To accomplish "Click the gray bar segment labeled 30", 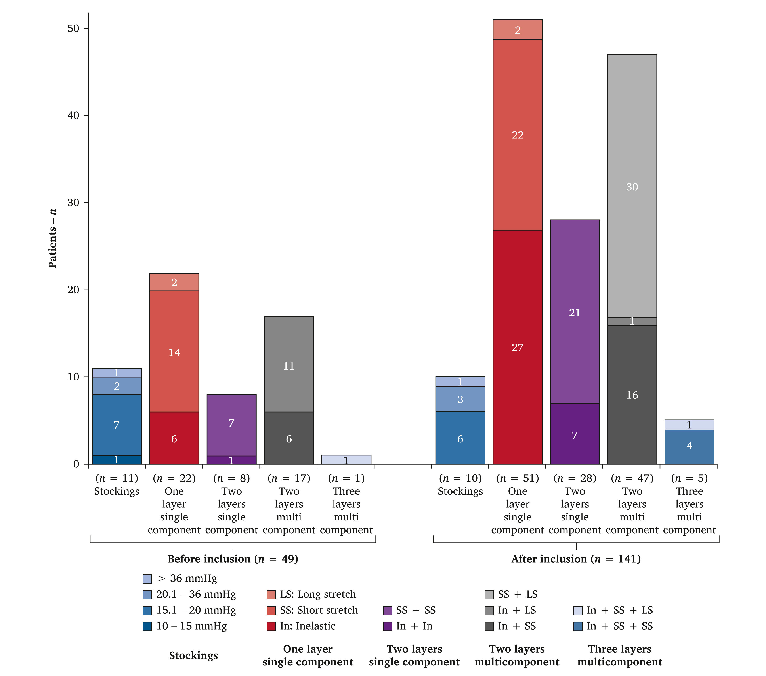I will pyautogui.click(x=632, y=186).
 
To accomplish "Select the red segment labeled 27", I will pyautogui.click(x=517, y=347).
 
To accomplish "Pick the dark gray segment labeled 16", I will pyautogui.click(x=632, y=394).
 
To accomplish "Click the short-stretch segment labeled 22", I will pyautogui.click(x=517, y=134).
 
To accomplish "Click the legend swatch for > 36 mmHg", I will pyautogui.click(x=147, y=578).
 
